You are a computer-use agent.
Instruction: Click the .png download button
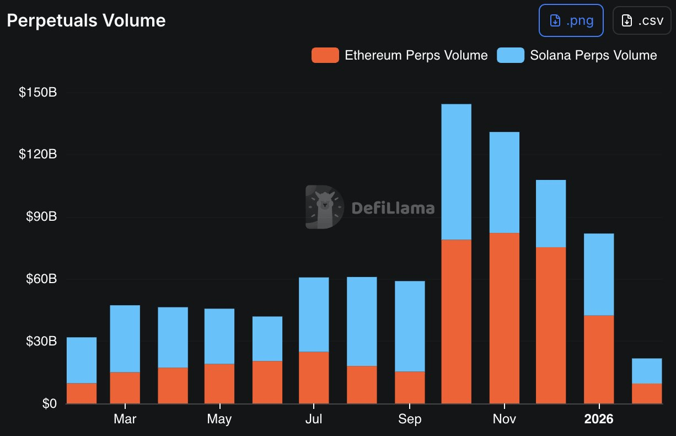pyautogui.click(x=571, y=21)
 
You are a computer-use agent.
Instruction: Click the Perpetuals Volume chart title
pyautogui.click(x=86, y=20)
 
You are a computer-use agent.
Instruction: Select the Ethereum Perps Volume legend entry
pyautogui.click(x=400, y=55)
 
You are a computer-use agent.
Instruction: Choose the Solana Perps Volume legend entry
pyautogui.click(x=577, y=55)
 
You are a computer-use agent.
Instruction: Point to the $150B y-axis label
pyautogui.click(x=38, y=92)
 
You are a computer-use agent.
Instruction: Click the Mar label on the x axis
pyautogui.click(x=125, y=419)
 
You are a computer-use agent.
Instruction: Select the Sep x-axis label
pyautogui.click(x=410, y=419)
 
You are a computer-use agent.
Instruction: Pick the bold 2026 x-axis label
pyautogui.click(x=599, y=419)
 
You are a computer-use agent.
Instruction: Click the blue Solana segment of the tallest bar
pyautogui.click(x=457, y=172)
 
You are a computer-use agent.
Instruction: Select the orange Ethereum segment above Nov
pyautogui.click(x=505, y=318)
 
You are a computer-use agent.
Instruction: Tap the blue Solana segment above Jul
pyautogui.click(x=314, y=314)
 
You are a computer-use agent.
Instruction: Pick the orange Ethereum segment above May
pyautogui.click(x=219, y=384)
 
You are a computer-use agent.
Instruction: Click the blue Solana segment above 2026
pyautogui.click(x=599, y=274)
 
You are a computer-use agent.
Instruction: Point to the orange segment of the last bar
pyautogui.click(x=647, y=394)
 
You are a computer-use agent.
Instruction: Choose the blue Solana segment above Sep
pyautogui.click(x=410, y=326)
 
